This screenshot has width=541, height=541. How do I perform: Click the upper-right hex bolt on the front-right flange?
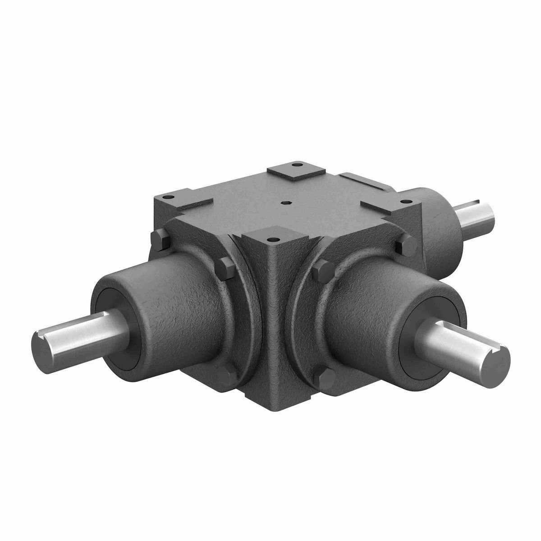coord(400,244)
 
